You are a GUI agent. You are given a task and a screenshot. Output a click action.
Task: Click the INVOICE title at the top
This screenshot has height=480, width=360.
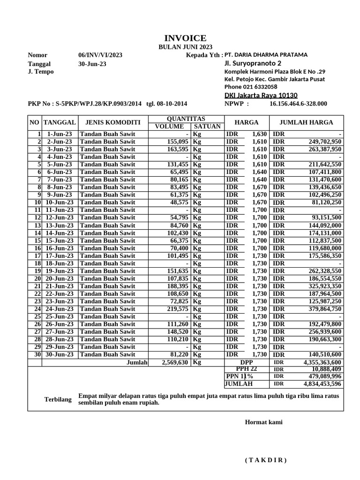(185, 38)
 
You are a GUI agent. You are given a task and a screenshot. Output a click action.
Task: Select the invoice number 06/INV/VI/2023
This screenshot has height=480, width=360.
(100, 55)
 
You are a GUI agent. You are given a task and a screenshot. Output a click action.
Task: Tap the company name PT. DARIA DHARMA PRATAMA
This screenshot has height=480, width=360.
(266, 55)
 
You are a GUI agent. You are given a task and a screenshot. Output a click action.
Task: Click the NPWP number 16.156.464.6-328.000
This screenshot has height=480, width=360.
(298, 104)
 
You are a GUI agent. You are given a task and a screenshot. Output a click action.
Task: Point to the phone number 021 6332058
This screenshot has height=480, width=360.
(260, 87)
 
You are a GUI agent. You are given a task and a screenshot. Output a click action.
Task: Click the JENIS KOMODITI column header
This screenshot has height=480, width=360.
(112, 122)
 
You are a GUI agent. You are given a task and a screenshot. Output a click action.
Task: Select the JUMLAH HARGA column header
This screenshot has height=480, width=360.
(306, 122)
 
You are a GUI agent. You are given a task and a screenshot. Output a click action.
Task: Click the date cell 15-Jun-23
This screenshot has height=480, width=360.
(59, 240)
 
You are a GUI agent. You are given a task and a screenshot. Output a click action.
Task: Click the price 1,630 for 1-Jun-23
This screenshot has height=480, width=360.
(259, 134)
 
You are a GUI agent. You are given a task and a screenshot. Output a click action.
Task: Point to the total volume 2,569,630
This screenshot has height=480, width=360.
(175, 362)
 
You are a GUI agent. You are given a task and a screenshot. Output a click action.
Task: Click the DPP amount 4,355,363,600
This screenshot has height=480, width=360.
(322, 362)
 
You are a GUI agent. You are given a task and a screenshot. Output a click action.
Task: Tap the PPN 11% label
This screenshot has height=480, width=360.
(240, 376)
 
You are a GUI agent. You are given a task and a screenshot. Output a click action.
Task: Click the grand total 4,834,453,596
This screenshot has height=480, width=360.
(322, 384)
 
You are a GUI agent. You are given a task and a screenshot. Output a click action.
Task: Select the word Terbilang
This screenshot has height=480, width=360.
(58, 399)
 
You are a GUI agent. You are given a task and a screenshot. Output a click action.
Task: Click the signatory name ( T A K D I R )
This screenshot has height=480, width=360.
(265, 460)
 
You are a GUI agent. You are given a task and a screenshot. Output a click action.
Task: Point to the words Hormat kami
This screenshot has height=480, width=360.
(263, 422)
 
